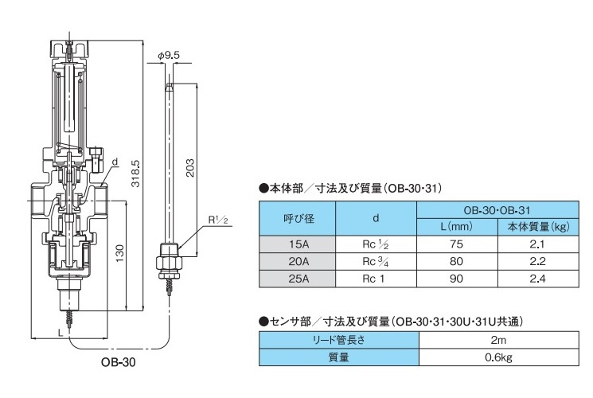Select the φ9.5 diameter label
(x=169, y=55)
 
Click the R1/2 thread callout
(x=218, y=218)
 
